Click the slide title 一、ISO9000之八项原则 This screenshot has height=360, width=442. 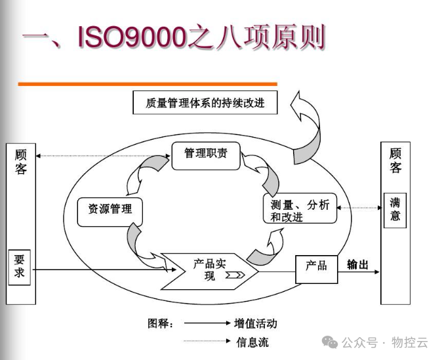click(174, 37)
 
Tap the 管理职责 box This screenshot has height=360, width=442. click(205, 155)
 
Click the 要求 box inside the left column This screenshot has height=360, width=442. click(20, 266)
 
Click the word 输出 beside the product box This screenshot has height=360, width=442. click(357, 265)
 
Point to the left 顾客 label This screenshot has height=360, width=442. click(21, 162)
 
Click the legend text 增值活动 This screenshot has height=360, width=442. click(256, 323)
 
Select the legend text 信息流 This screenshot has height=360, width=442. click(252, 342)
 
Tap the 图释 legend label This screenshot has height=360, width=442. click(161, 323)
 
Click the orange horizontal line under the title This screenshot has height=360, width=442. click(147, 84)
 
